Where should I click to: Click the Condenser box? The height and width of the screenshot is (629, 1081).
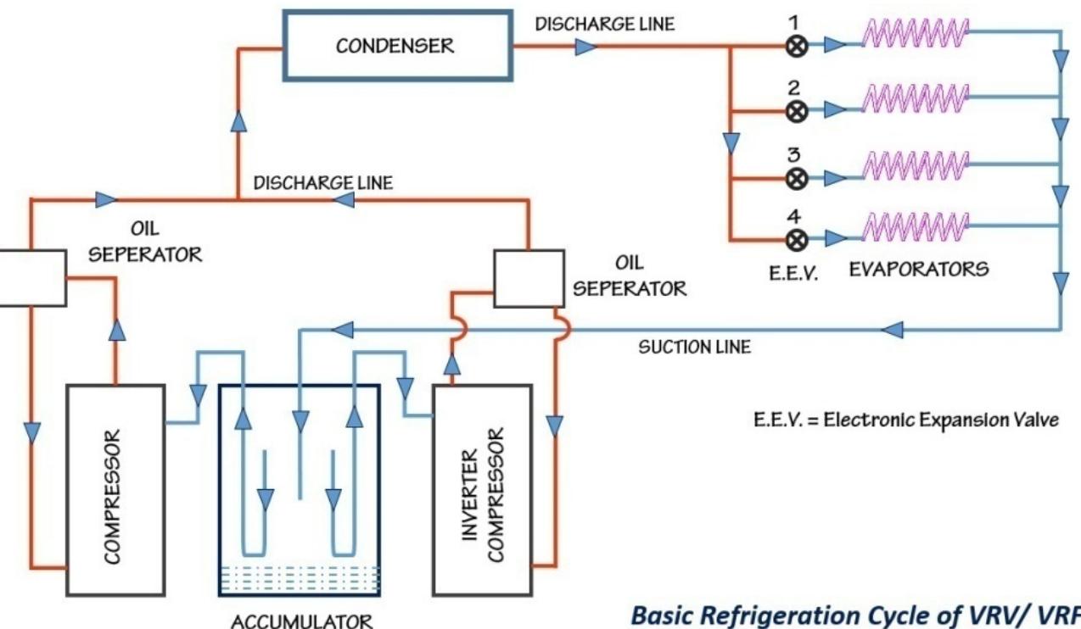(x=396, y=46)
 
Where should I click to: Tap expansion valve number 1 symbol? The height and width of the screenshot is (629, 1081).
(x=796, y=46)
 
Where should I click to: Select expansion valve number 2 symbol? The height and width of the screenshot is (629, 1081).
(x=796, y=111)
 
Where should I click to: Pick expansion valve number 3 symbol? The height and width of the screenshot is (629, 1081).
(x=796, y=179)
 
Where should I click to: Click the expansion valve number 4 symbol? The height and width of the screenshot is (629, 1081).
(x=796, y=240)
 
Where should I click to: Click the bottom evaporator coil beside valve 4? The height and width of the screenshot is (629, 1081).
(x=914, y=226)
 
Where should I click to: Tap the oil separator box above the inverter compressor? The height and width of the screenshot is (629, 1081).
(x=529, y=278)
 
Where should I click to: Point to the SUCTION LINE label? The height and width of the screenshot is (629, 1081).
(x=694, y=347)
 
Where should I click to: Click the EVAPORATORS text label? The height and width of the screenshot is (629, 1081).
(x=918, y=270)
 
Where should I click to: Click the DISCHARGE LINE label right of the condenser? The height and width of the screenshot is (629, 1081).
(x=605, y=24)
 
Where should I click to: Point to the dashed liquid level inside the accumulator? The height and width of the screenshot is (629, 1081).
(x=299, y=578)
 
